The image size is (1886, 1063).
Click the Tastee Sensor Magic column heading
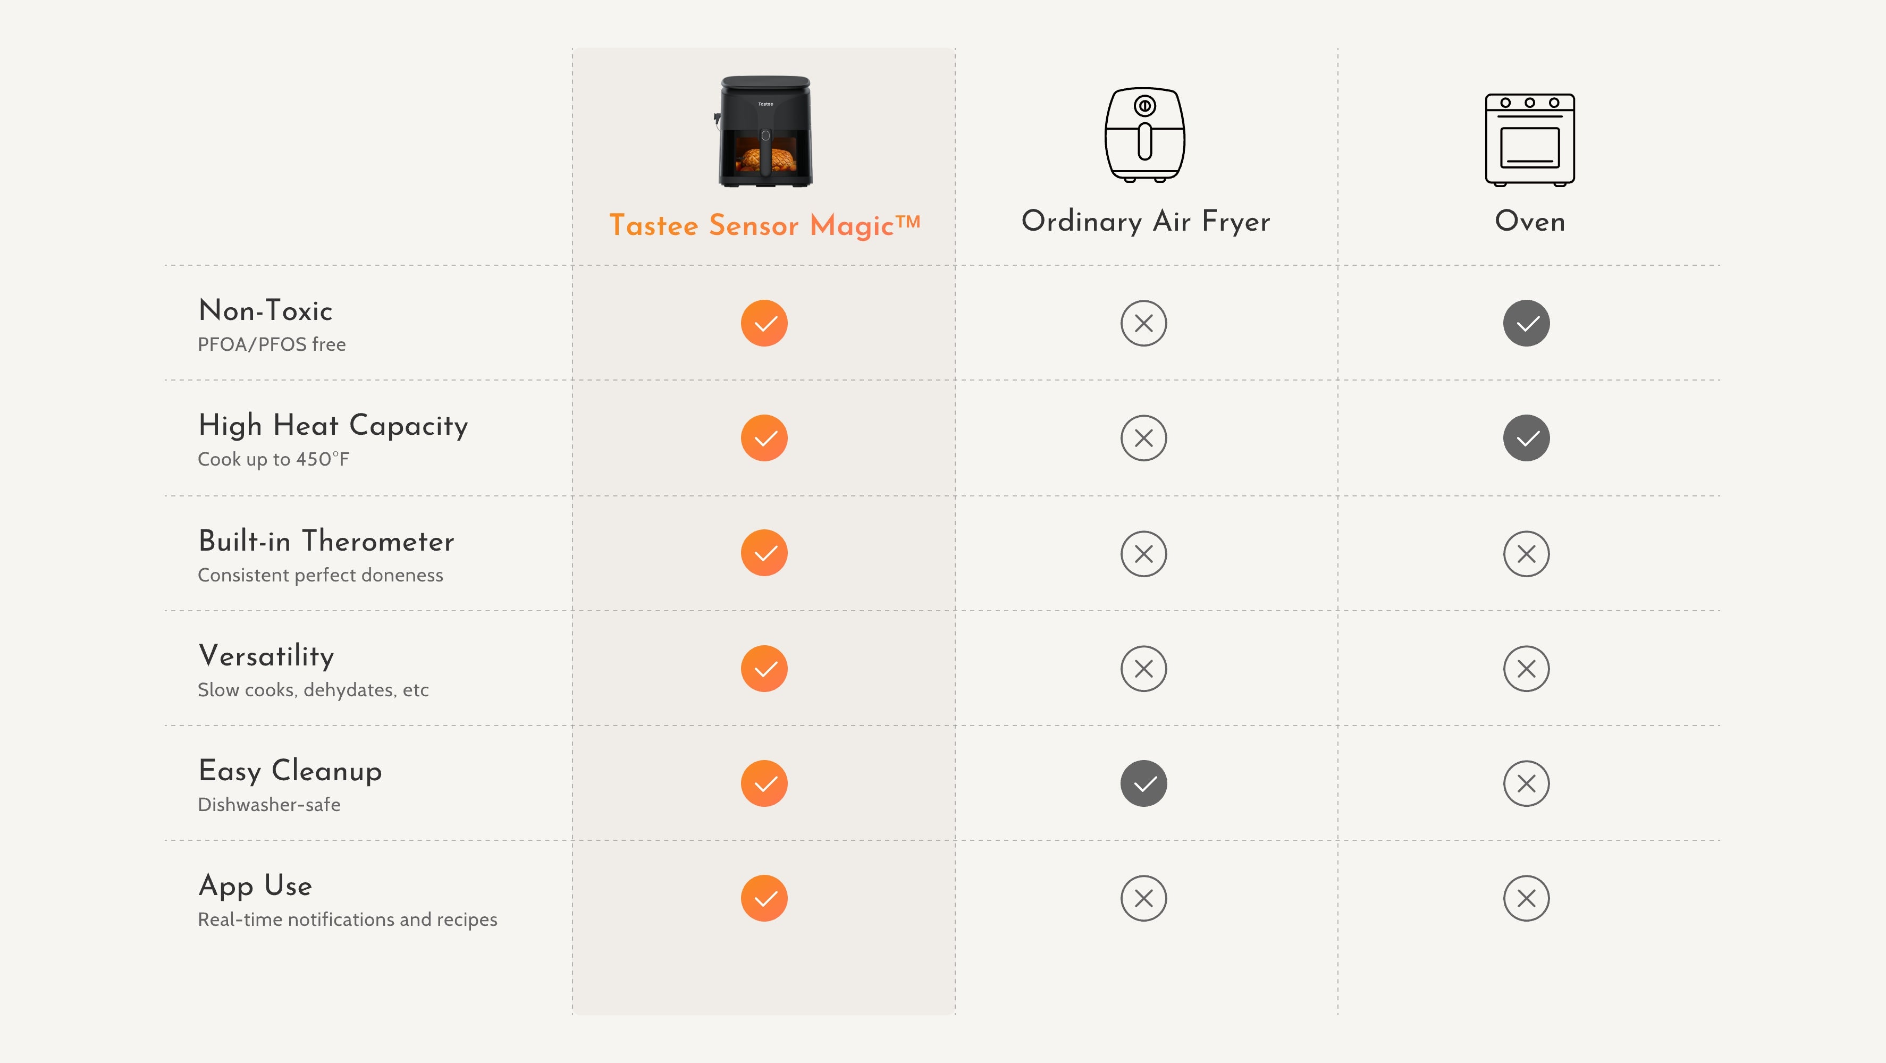pos(764,225)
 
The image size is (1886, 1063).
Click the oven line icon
pos(1529,140)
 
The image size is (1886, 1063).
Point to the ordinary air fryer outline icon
pos(1145,134)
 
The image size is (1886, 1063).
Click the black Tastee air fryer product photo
pos(764,132)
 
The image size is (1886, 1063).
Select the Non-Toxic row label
pos(265,310)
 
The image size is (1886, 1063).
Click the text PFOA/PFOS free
pos(272,344)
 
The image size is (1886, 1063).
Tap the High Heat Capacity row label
pos(333,425)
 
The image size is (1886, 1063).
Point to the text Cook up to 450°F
pos(274,459)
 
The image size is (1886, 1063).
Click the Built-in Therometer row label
pos(326,541)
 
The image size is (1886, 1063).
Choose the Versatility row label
pos(266,656)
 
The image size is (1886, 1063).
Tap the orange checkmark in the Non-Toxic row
pos(764,323)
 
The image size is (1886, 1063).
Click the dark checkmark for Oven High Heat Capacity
pos(1527,438)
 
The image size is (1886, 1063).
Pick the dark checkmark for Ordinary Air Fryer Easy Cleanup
pos(1143,783)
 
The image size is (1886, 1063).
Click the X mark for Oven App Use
pos(1527,898)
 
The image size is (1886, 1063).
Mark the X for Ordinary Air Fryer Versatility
pos(1143,669)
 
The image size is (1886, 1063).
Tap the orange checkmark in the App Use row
pos(764,898)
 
